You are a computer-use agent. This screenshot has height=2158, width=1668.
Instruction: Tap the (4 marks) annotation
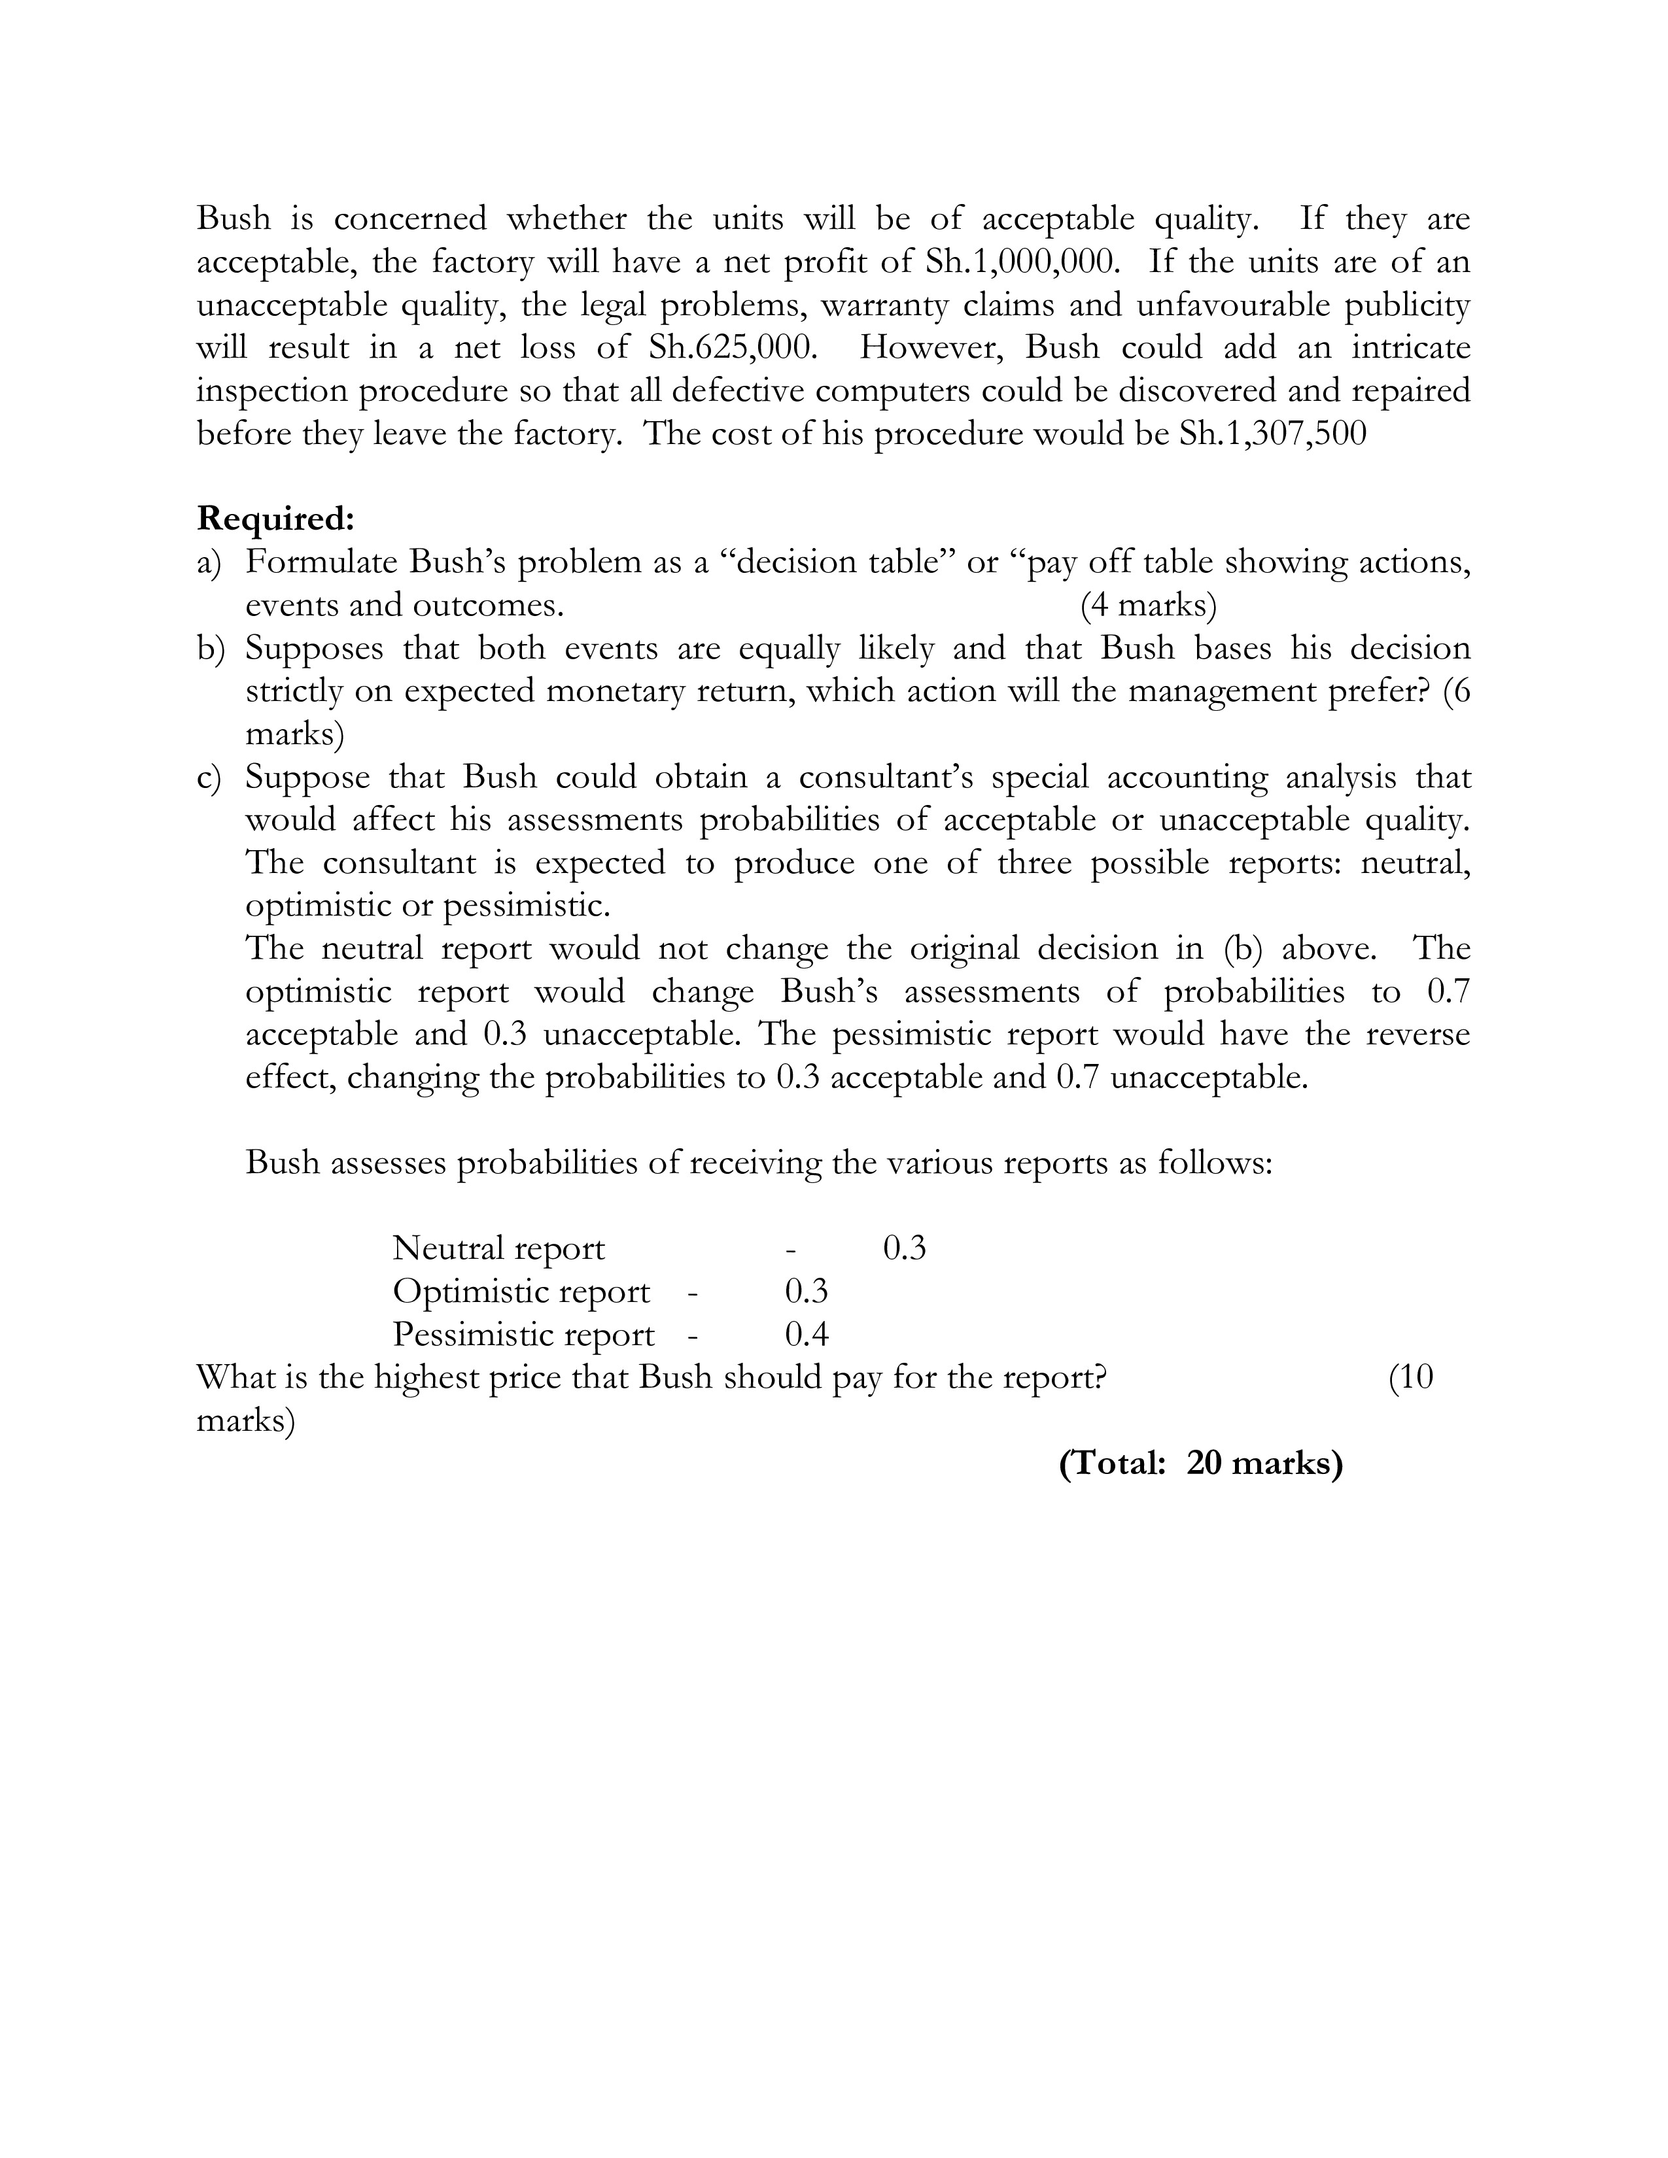pyautogui.click(x=1148, y=605)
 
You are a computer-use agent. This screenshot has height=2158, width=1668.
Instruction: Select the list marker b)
pyautogui.click(x=211, y=648)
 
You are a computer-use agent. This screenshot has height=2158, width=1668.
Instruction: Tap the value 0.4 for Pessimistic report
pyautogui.click(x=807, y=1335)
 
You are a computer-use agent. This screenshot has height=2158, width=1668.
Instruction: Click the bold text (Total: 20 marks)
pyautogui.click(x=1200, y=1464)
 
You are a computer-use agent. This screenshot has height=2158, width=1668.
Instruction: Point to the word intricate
pyautogui.click(x=1410, y=348)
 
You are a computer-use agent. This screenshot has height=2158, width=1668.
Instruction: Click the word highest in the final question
pyautogui.click(x=427, y=1377)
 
